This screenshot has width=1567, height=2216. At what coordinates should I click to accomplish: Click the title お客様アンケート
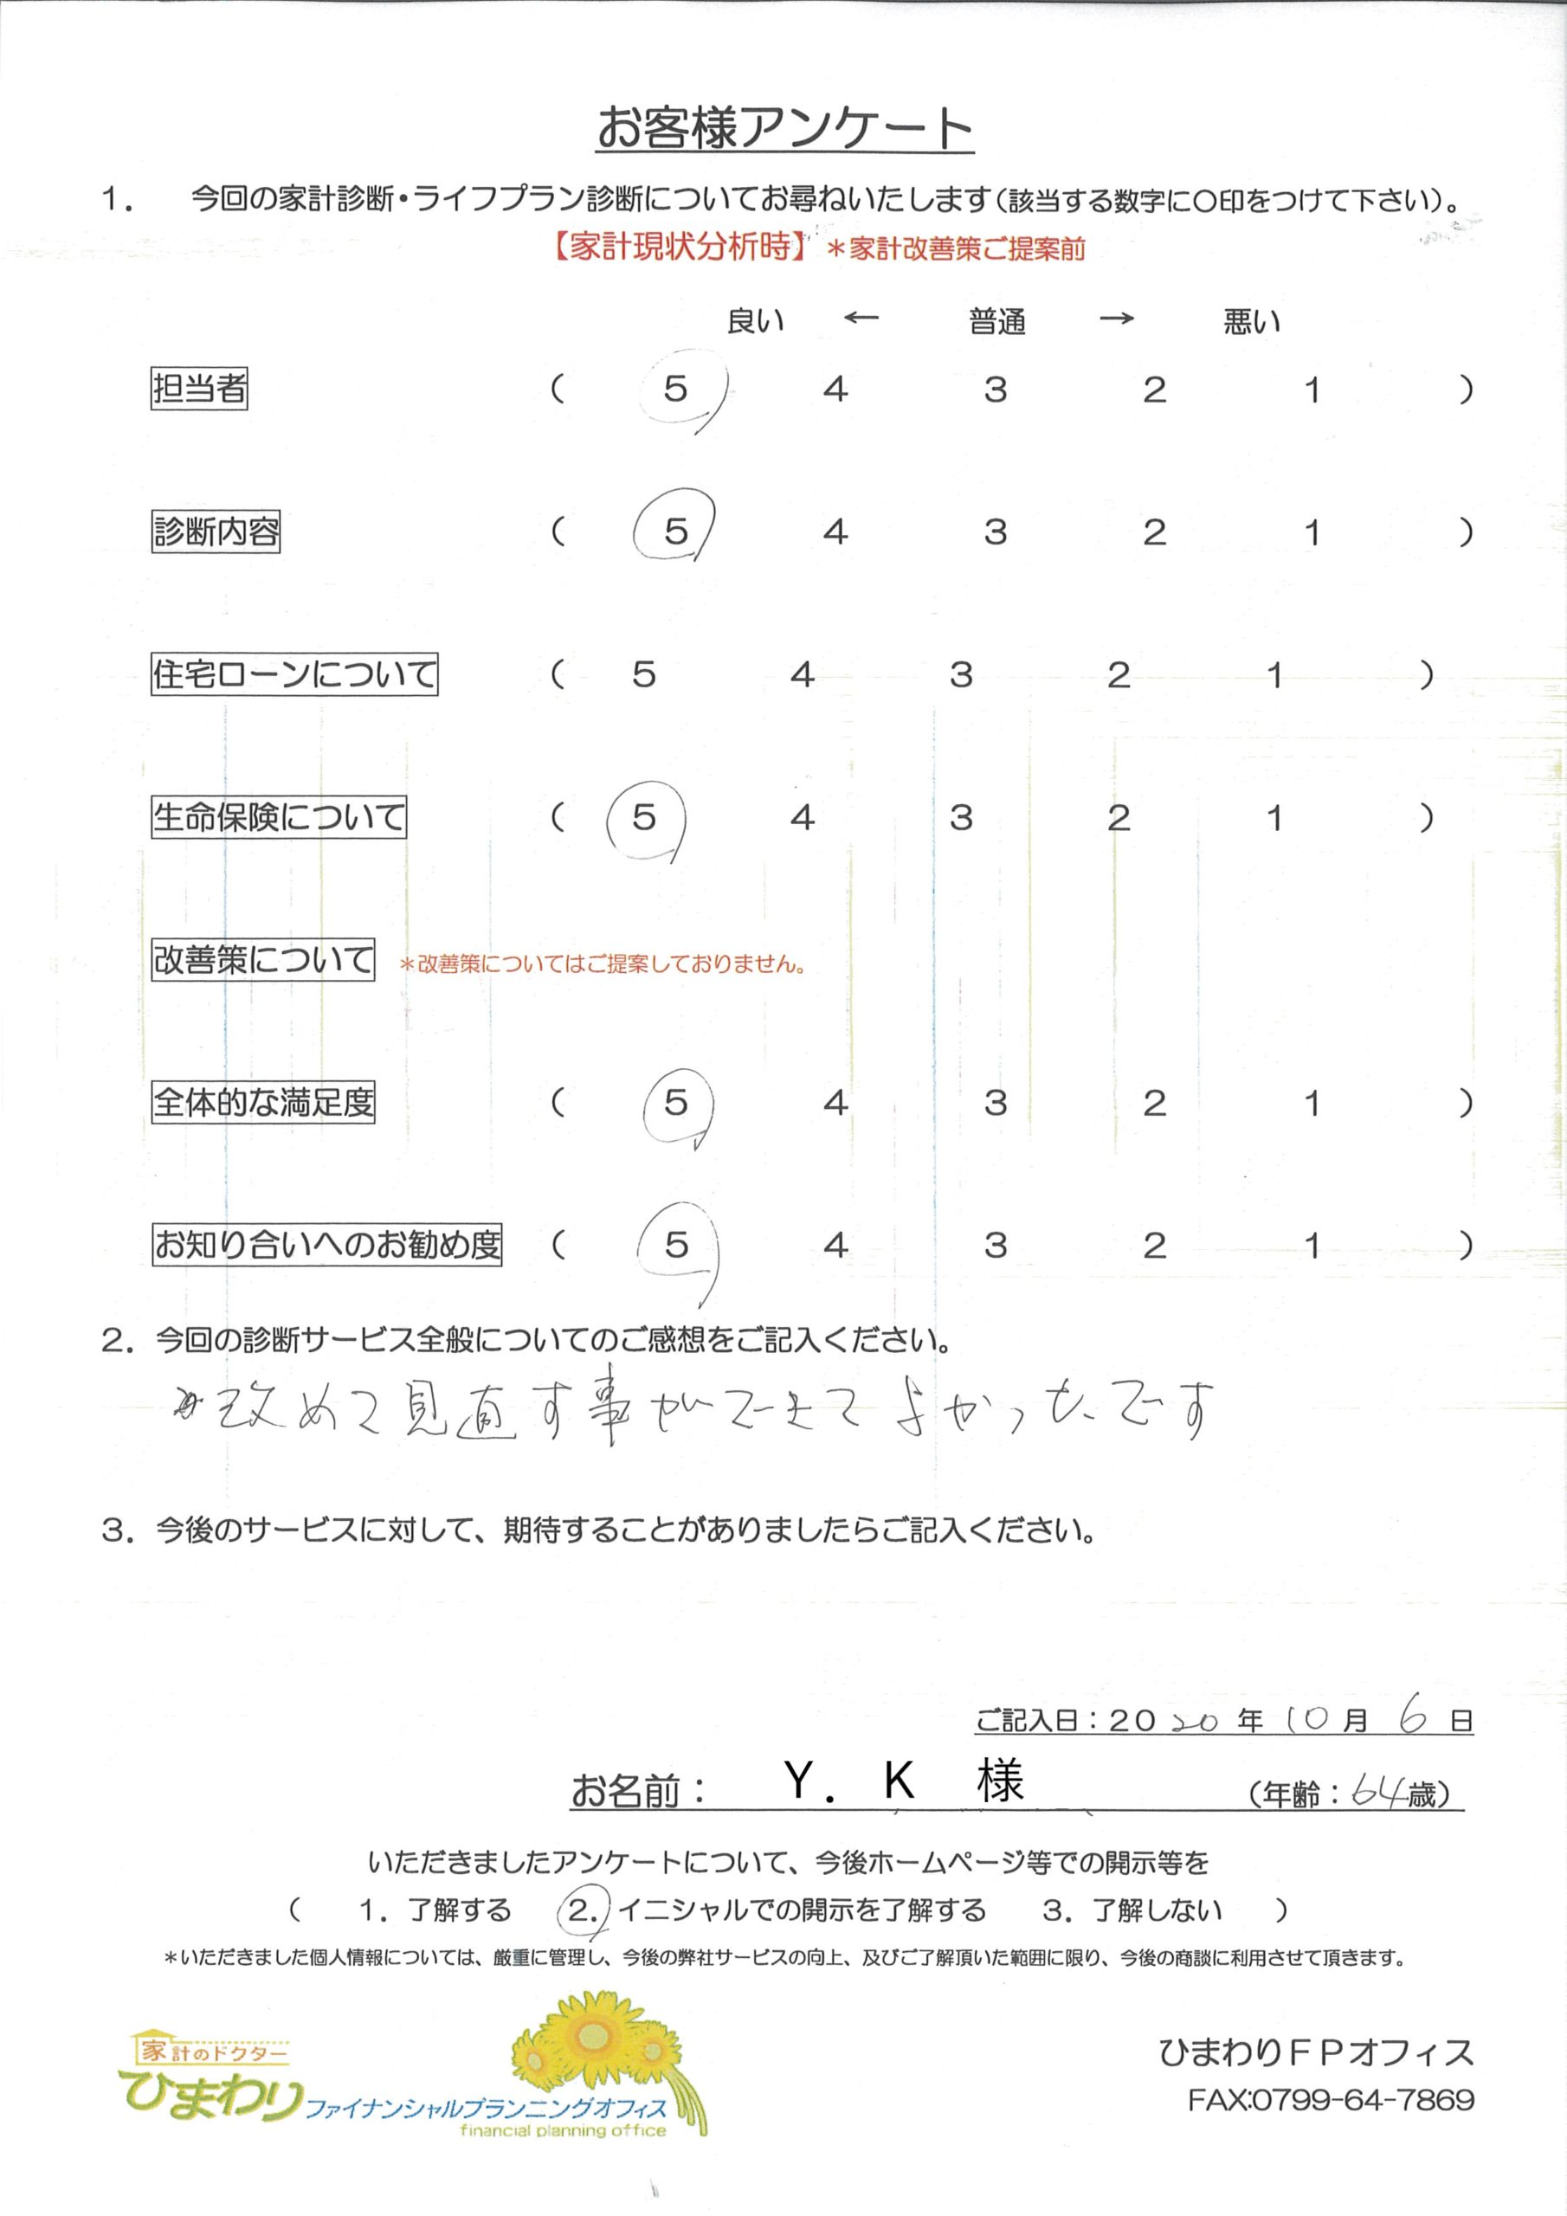784,128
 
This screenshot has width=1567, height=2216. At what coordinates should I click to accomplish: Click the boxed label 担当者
199,388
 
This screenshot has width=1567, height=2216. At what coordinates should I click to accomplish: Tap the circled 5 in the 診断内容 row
675,531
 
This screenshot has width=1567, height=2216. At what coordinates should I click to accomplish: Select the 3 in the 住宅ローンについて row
960,674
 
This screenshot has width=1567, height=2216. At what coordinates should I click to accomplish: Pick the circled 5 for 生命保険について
644,819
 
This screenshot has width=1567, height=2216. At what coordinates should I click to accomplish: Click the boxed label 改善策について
262,959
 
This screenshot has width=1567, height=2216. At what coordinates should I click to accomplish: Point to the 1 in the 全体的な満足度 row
1311,1102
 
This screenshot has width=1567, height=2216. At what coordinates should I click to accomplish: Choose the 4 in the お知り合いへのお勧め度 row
835,1245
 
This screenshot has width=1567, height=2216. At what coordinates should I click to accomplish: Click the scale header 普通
996,321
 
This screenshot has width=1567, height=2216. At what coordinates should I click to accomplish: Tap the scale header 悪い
1251,321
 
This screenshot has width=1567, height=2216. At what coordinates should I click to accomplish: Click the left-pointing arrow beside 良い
861,318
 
